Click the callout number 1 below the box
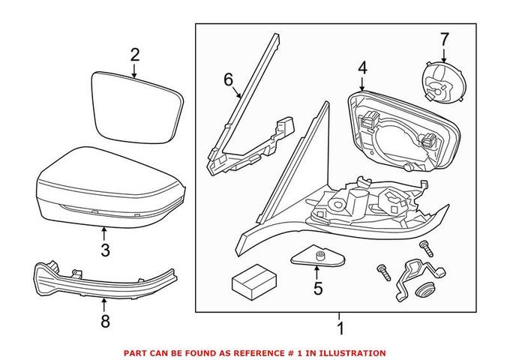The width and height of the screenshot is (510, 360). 339,328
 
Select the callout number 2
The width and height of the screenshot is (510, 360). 134,54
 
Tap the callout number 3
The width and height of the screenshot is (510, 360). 105,249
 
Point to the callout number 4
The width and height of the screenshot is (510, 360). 362,67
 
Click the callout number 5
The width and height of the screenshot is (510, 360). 317,287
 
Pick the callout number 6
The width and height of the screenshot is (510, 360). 229,80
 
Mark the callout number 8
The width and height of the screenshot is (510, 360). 105,321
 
